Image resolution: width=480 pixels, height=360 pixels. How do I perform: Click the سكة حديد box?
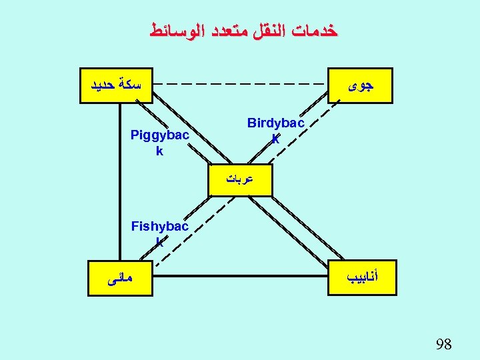(x=115, y=85)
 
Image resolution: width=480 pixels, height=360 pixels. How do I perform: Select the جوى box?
(x=361, y=85)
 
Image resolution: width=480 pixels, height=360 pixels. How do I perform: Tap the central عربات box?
(x=240, y=179)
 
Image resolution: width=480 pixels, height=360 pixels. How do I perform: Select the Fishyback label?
(x=159, y=233)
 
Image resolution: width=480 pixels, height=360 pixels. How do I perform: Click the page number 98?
(x=443, y=345)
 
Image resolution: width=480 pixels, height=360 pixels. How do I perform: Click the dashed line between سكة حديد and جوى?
(x=240, y=85)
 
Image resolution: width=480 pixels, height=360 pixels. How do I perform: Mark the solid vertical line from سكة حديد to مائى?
(x=121, y=180)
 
